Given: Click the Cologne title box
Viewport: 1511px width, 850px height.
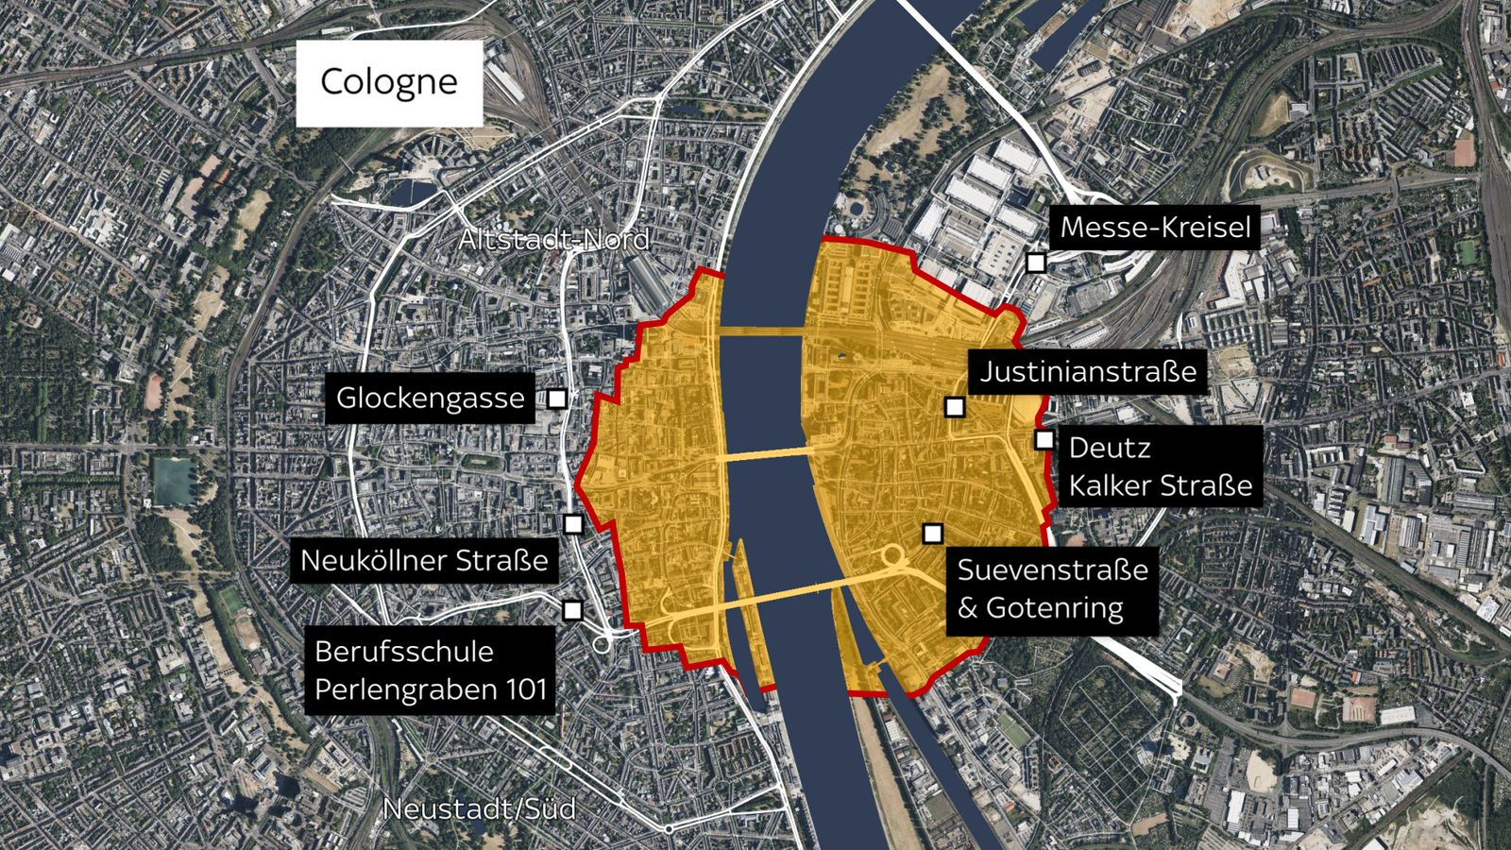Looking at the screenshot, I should pyautogui.click(x=389, y=83).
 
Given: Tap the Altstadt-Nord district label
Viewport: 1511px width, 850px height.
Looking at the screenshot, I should pyautogui.click(x=553, y=240).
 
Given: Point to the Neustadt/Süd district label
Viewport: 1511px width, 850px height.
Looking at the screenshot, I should pyautogui.click(x=479, y=809).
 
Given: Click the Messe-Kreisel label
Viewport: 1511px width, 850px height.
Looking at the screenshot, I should pyautogui.click(x=1155, y=228).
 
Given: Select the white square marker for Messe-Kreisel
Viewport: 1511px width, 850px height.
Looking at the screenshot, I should pyautogui.click(x=1036, y=263).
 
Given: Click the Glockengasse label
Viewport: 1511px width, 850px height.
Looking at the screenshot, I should pyautogui.click(x=430, y=398).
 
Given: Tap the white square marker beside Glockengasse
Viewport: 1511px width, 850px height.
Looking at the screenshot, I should pyautogui.click(x=557, y=399).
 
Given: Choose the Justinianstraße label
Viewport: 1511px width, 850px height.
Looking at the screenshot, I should pyautogui.click(x=1088, y=371).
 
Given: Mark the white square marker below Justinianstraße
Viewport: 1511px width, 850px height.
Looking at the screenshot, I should pyautogui.click(x=955, y=407).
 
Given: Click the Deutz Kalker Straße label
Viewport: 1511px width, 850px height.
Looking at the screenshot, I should pyautogui.click(x=1160, y=467).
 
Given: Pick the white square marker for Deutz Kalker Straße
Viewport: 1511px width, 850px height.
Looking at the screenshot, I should pyautogui.click(x=1044, y=439).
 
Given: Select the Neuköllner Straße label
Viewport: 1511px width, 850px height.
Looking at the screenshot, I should pyautogui.click(x=424, y=560).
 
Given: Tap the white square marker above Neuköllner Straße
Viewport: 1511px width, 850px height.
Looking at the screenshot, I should pyautogui.click(x=573, y=523).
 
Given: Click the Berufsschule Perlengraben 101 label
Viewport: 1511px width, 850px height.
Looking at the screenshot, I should pyautogui.click(x=431, y=671).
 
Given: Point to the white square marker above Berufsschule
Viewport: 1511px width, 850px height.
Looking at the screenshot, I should pyautogui.click(x=572, y=610).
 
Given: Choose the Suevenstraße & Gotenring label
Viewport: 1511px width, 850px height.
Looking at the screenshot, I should pyautogui.click(x=1052, y=588).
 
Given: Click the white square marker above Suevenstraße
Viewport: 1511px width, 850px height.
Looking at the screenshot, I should pyautogui.click(x=933, y=534).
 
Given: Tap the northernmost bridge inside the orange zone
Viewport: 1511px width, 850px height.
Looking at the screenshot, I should pyautogui.click(x=761, y=331).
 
